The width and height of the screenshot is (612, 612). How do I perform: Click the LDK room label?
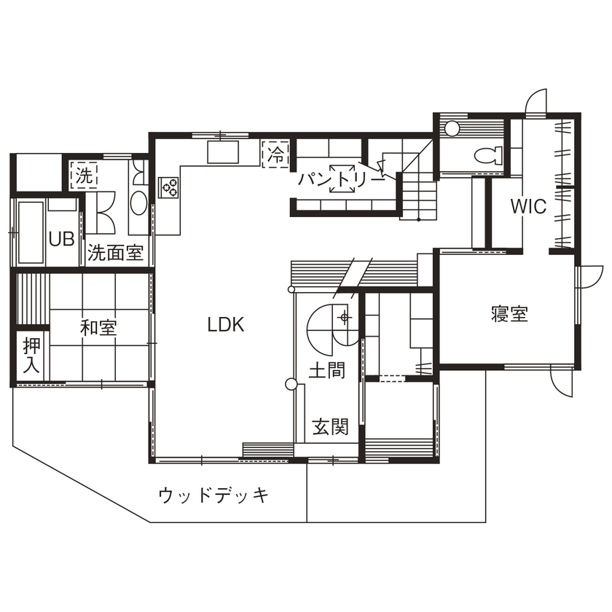226,326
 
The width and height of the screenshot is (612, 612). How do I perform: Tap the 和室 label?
98,328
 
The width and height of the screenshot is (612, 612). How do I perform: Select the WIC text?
528,207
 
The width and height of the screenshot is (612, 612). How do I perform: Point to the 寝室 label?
509,315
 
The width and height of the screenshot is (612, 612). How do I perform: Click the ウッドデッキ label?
213,496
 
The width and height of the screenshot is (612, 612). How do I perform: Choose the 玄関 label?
330,427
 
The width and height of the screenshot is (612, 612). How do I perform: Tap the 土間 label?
326,371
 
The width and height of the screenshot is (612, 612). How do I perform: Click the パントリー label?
340,178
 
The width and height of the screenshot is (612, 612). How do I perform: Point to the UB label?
61,239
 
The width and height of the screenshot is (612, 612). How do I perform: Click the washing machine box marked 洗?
85,176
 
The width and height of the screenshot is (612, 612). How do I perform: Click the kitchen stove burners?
170,188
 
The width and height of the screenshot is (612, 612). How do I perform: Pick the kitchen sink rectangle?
224,153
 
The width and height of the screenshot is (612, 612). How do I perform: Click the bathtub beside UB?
28,232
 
